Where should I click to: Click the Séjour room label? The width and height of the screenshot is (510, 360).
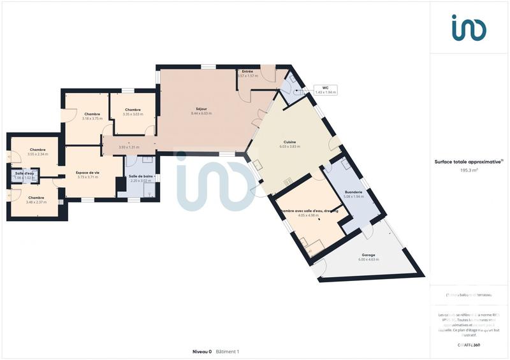pyautogui.click(x=201, y=109)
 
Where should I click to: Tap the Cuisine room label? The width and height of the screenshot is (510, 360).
pyautogui.click(x=289, y=142)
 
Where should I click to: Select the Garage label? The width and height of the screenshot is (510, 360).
pyautogui.click(x=368, y=255)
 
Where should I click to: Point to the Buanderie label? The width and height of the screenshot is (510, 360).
pyautogui.click(x=353, y=192)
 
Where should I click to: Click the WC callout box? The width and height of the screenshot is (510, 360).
pyautogui.click(x=325, y=90)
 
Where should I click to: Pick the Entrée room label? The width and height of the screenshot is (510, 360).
pyautogui.click(x=247, y=71)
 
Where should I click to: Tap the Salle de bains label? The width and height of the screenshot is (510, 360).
pyautogui.click(x=140, y=176)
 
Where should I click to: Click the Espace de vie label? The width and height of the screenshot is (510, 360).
pyautogui.click(x=87, y=173)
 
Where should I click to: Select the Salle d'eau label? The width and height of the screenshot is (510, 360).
pyautogui.click(x=24, y=173)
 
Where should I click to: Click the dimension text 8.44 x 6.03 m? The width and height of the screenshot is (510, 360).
pyautogui.click(x=201, y=113)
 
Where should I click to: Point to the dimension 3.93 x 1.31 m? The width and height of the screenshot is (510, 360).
pyautogui.click(x=128, y=147)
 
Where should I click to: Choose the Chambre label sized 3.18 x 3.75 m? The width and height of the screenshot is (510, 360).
pyautogui.click(x=92, y=114)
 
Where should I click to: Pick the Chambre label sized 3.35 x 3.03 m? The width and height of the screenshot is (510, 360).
pyautogui.click(x=133, y=110)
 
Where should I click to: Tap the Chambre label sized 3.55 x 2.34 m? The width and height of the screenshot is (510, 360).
pyautogui.click(x=37, y=150)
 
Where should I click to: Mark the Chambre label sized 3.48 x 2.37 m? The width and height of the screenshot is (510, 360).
pyautogui.click(x=36, y=198)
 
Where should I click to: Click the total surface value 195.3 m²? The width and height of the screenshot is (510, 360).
pyautogui.click(x=469, y=171)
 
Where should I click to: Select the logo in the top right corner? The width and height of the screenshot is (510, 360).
pyautogui.click(x=469, y=28)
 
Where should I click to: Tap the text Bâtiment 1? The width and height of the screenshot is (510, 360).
pyautogui.click(x=228, y=352)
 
